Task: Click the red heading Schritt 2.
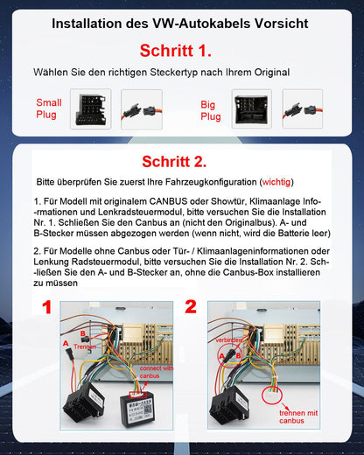(x=181, y=161)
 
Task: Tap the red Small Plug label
(x=49, y=108)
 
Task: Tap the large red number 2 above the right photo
(x=191, y=307)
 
